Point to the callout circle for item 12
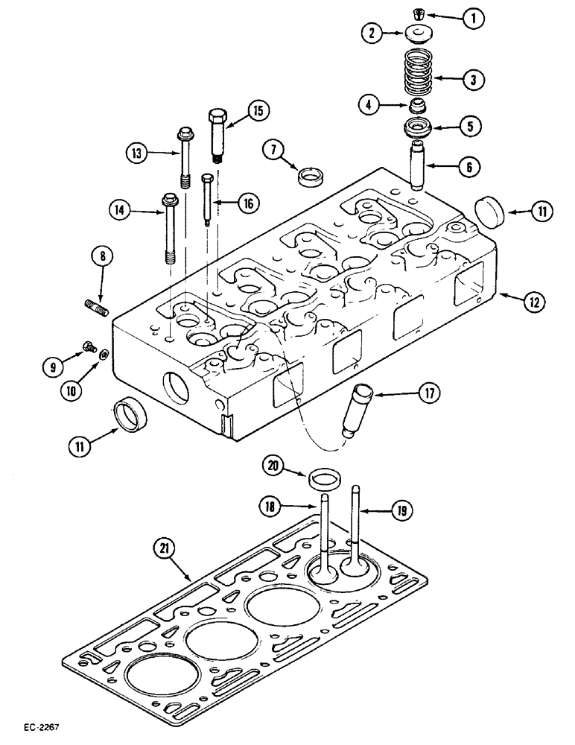(533, 301)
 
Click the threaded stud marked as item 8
(99, 306)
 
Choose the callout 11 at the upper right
(541, 212)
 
